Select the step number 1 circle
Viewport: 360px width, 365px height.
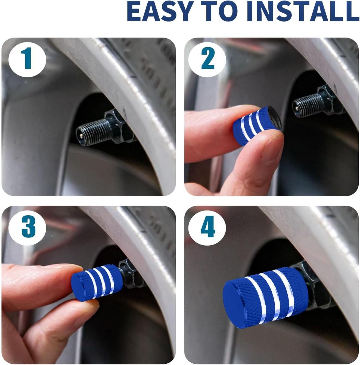tap(27, 58)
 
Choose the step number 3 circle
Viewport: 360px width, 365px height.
tap(27, 227)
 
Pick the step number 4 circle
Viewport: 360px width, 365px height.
tap(207, 227)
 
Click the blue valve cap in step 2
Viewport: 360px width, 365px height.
tap(257, 125)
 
